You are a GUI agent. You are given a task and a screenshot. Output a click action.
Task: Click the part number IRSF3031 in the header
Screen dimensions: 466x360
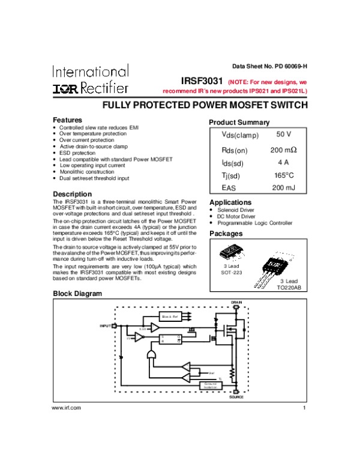202,80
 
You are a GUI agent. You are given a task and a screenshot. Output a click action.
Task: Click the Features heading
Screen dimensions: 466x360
68,120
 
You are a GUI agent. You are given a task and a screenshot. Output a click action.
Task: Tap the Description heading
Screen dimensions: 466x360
72,194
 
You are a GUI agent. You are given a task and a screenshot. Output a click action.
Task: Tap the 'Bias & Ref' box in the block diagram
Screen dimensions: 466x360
169,316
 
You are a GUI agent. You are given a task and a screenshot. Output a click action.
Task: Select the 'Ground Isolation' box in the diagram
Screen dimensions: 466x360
211,386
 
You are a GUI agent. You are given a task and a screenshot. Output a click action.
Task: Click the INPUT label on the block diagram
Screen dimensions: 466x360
106,325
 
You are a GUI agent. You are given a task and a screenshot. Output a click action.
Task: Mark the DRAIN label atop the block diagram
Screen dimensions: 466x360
236,301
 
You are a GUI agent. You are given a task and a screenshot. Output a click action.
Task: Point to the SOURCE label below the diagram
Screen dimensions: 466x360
236,398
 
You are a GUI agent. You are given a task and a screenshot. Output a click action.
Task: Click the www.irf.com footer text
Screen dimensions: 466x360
67,408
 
